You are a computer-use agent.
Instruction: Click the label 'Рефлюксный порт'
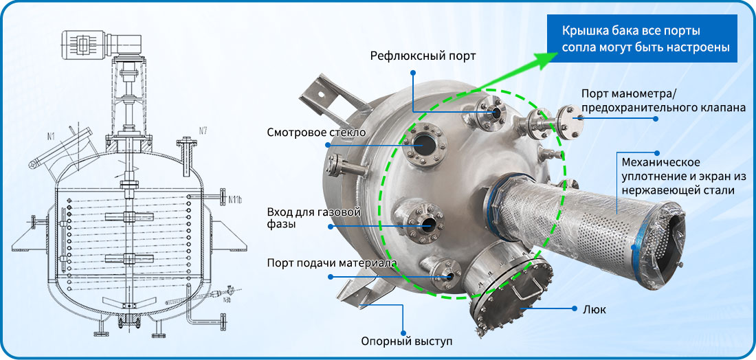click(x=423, y=56)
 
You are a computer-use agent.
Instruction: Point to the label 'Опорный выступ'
click(x=407, y=342)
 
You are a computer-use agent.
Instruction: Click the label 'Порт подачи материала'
click(x=332, y=263)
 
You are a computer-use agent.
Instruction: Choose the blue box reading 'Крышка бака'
click(x=642, y=38)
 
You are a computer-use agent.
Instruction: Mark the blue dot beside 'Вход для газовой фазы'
click(x=331, y=226)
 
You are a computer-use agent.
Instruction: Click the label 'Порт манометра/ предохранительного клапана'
click(x=659, y=101)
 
